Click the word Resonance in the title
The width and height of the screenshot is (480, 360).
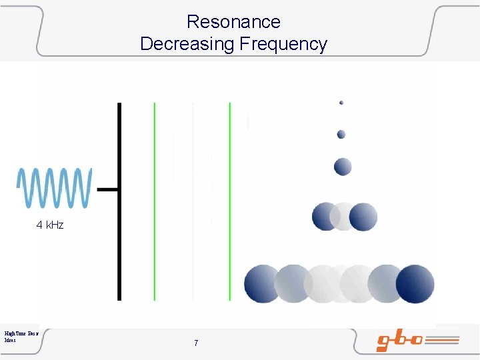pos(233,22)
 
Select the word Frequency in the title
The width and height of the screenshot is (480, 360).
pos(283,45)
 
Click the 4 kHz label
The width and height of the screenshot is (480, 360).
pos(50,225)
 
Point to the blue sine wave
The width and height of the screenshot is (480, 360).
pos(54,189)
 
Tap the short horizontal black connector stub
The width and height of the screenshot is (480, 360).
pos(108,189)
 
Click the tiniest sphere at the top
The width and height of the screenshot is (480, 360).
pos(341,103)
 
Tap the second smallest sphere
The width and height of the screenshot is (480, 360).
pos(341,135)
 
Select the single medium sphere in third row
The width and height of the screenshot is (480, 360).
pos(343,166)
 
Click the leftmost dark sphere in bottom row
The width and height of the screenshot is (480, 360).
pos(262,283)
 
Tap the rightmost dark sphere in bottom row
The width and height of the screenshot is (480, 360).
pos(415,283)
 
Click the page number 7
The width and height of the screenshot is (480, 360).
pos(196,343)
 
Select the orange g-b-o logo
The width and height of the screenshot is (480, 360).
pos(417,341)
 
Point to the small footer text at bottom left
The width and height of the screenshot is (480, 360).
pos(21,336)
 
